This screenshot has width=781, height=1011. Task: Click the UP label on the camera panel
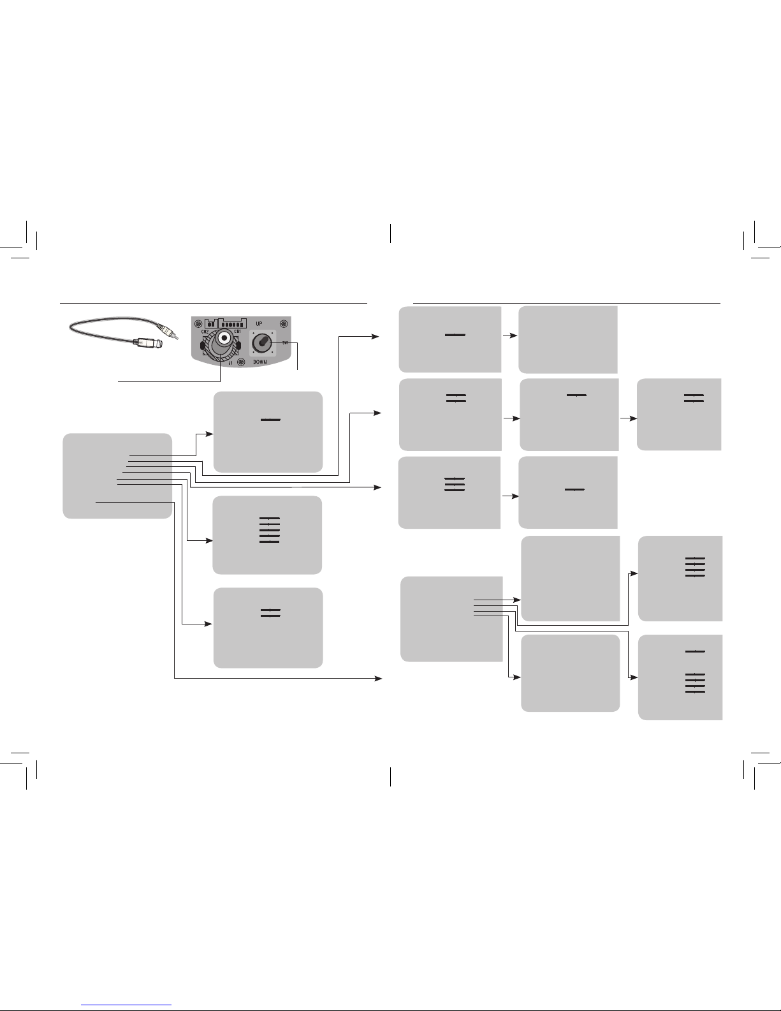coord(259,323)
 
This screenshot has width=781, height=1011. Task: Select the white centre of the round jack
coord(224,339)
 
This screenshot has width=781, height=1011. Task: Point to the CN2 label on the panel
coord(205,332)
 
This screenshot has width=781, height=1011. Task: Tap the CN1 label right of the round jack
coord(237,332)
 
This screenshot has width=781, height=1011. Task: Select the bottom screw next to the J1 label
coord(241,363)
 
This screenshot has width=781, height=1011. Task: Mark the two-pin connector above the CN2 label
coord(211,323)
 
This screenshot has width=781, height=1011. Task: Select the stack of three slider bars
coord(455,483)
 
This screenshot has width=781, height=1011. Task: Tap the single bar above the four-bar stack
coord(695,651)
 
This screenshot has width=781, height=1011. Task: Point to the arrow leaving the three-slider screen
coord(514,496)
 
